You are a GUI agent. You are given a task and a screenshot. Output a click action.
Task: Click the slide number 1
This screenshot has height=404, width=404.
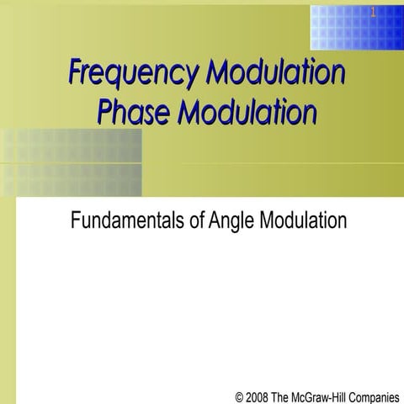371,13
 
